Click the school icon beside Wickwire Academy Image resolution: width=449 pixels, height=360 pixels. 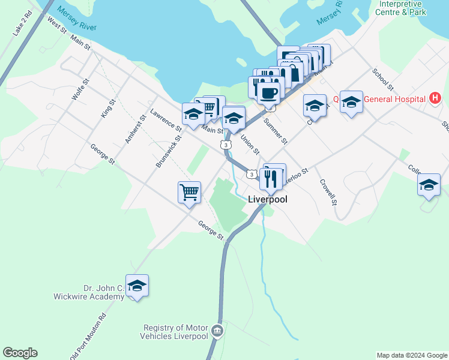tap(137, 286)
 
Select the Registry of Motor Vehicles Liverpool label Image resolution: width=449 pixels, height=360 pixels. tap(175, 332)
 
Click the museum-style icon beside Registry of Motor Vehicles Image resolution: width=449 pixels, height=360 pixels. tap(217, 330)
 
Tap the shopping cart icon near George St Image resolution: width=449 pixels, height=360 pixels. tap(189, 193)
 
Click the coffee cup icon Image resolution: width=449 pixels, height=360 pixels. tap(268, 93)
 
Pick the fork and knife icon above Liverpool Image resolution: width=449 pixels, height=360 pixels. tap(271, 178)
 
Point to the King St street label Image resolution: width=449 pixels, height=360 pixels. tap(107, 109)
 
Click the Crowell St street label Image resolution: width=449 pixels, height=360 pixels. tap(328, 193)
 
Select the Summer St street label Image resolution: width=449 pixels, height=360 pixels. tap(276, 131)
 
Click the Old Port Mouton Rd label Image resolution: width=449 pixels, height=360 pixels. tap(89, 335)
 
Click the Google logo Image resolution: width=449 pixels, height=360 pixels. tap(20, 353)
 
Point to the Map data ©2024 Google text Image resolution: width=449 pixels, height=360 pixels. tap(412, 355)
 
